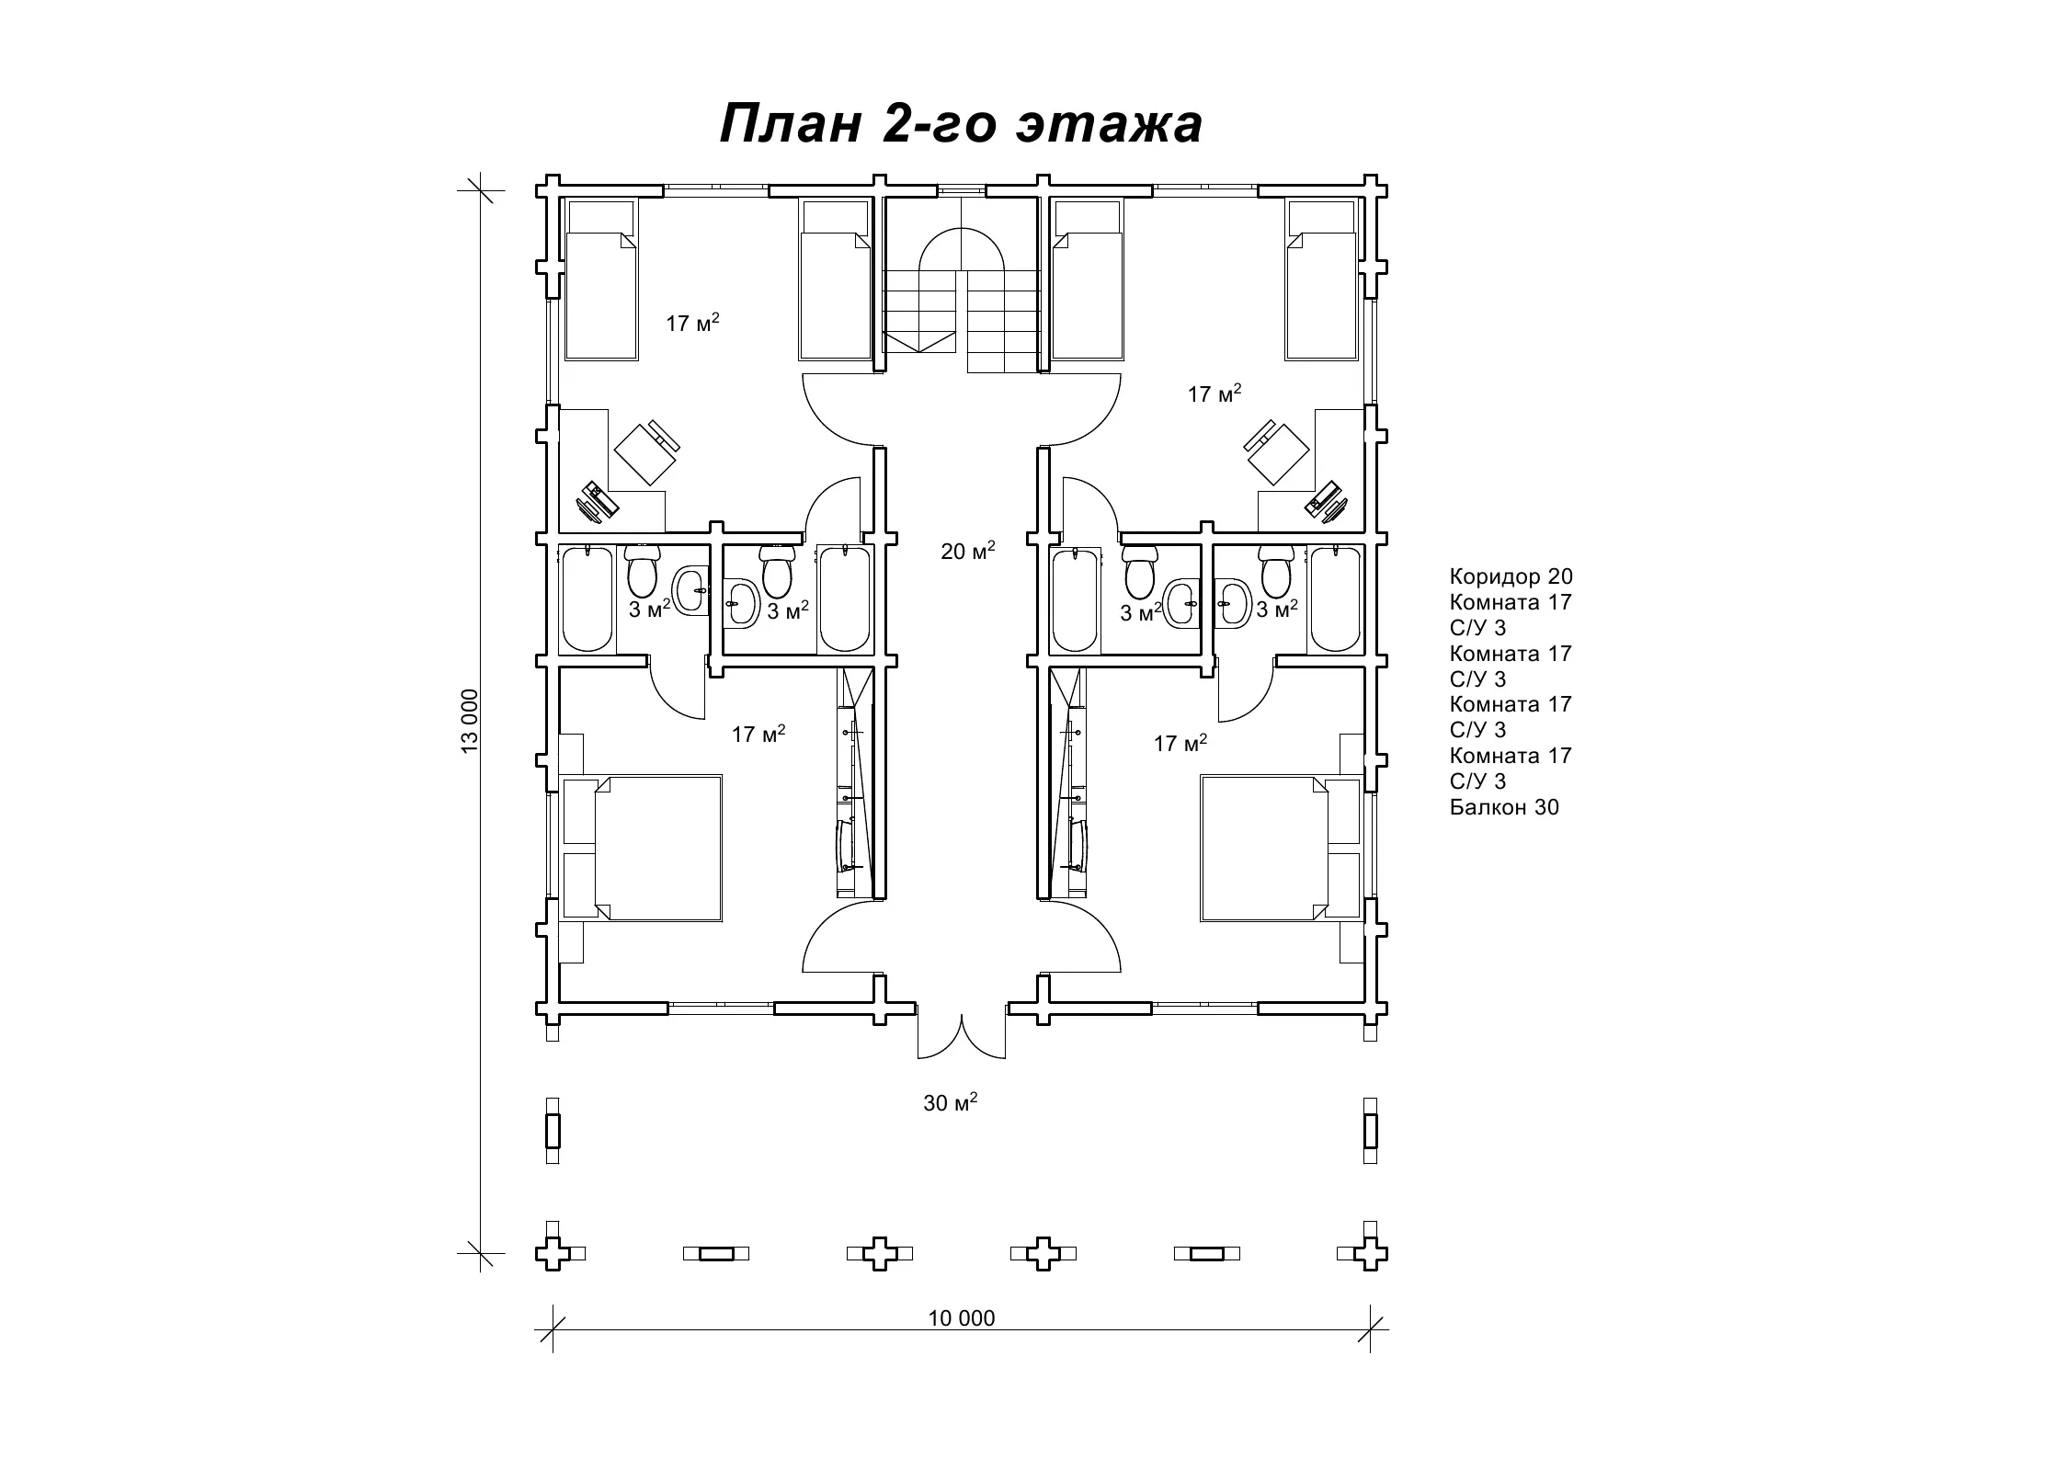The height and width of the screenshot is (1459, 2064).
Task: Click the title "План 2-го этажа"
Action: [x=961, y=124]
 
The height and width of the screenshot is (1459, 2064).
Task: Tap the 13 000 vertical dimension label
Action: [x=471, y=721]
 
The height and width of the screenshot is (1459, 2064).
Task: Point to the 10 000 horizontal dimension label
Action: [x=962, y=1318]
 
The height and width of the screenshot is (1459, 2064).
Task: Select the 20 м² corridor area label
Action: [x=968, y=551]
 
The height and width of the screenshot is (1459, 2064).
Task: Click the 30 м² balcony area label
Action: [x=951, y=1101]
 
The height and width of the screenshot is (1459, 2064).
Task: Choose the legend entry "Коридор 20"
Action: [x=1511, y=576]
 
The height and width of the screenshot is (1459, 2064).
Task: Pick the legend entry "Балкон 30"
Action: [x=1504, y=807]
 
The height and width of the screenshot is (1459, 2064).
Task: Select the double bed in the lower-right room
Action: [x=1281, y=848]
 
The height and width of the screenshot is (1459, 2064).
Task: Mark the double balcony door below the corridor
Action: [x=962, y=1035]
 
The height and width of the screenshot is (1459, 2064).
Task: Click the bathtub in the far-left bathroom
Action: [x=586, y=599]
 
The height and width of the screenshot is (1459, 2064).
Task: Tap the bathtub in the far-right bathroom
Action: [x=1337, y=599]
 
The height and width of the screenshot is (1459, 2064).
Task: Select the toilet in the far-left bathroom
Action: [x=641, y=570]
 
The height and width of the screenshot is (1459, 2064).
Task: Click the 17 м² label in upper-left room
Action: [x=692, y=323]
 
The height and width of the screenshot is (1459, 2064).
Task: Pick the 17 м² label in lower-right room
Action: [x=1180, y=743]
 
